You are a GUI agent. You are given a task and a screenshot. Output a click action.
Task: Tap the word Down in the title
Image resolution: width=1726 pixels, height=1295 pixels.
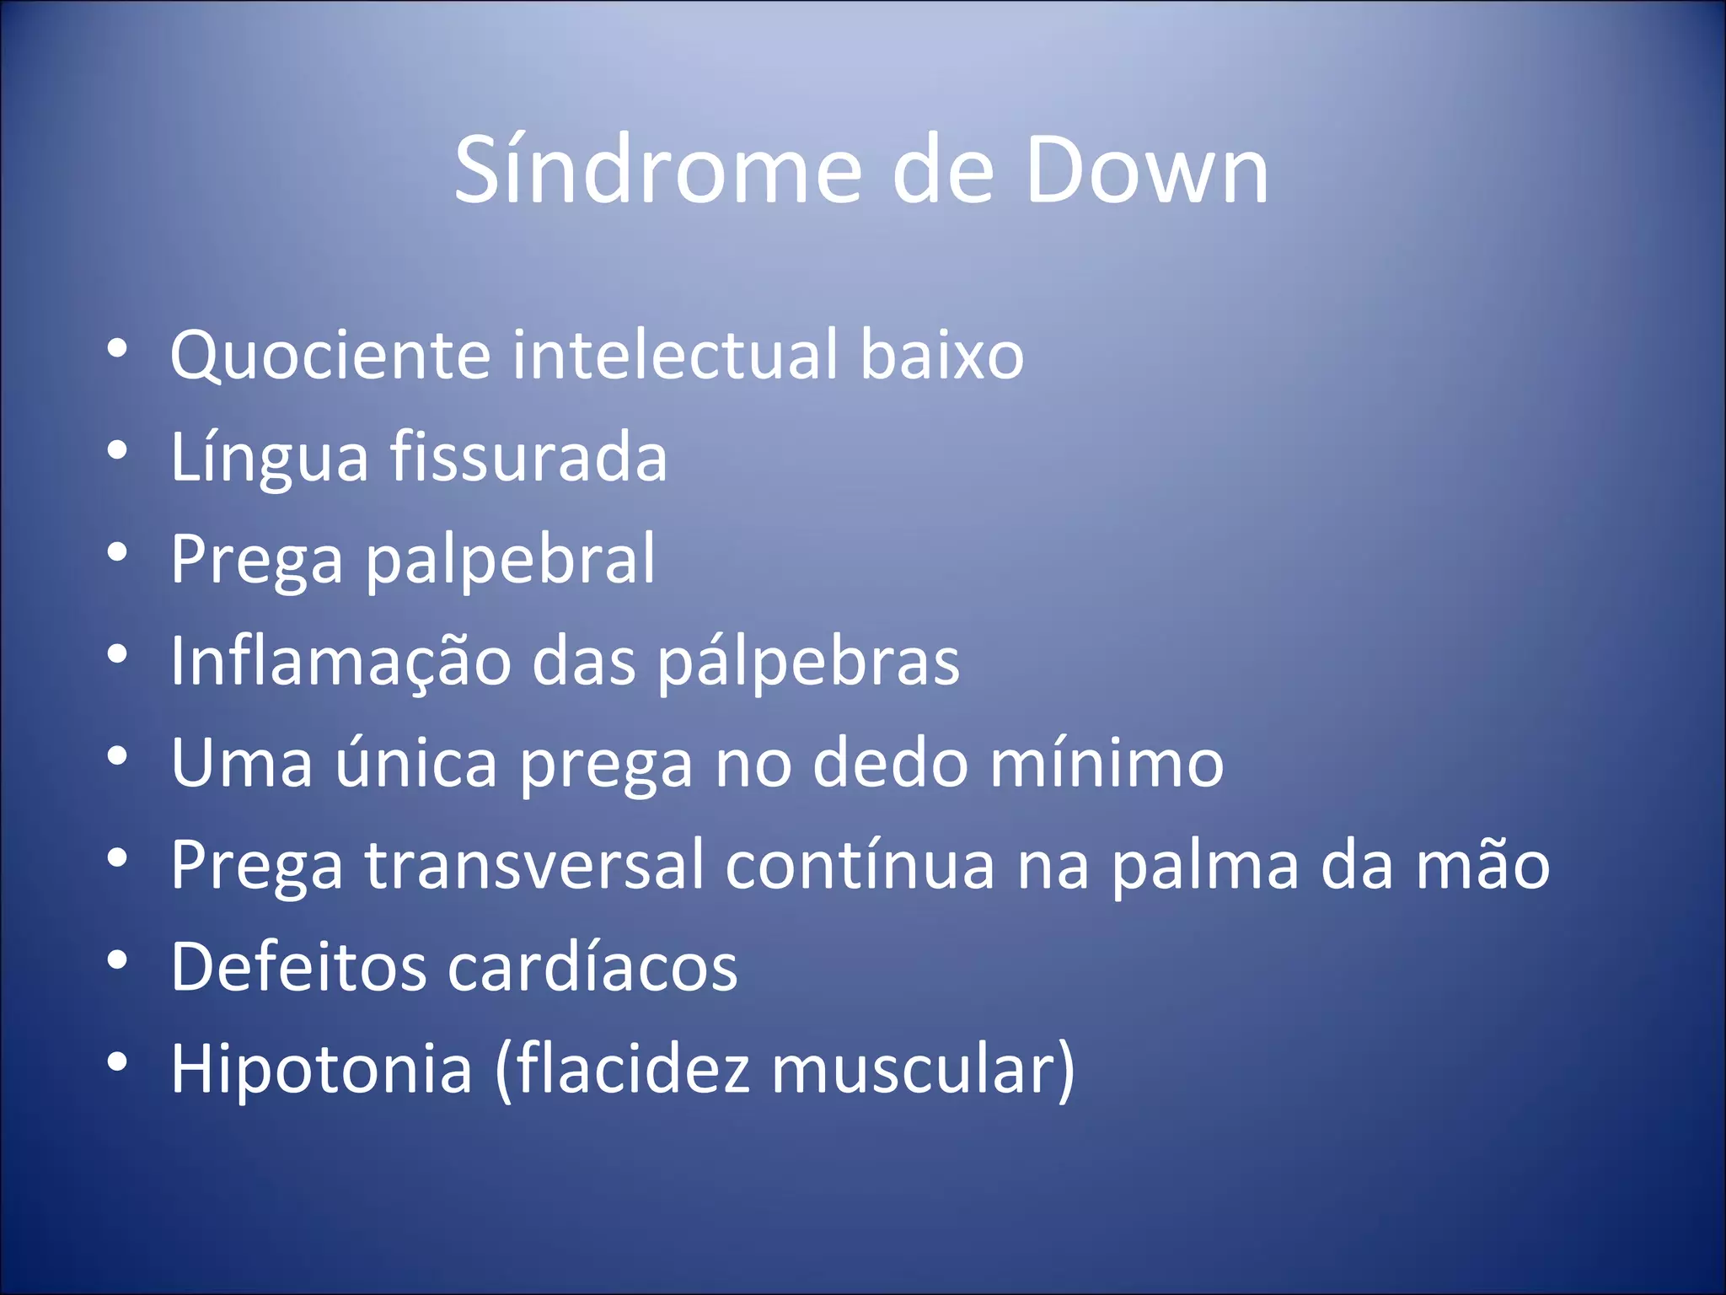[x=1147, y=170]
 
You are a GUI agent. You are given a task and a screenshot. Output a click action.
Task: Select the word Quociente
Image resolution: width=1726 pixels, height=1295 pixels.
[x=330, y=356]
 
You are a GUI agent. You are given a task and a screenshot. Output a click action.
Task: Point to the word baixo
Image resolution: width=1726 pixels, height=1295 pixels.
[x=941, y=354]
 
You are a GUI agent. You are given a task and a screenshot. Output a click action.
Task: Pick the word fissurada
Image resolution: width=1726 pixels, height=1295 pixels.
[x=528, y=457]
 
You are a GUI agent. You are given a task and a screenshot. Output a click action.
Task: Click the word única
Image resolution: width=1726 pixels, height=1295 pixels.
[x=416, y=763]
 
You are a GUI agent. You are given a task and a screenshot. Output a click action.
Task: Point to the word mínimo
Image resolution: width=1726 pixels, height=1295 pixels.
[x=1106, y=763]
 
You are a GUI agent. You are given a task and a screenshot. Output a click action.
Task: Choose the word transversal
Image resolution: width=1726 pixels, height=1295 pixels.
[x=533, y=865]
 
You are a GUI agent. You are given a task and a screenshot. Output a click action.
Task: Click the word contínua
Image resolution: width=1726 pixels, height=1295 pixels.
[x=860, y=865]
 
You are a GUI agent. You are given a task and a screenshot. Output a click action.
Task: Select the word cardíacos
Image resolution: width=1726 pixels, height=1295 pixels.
[x=592, y=967]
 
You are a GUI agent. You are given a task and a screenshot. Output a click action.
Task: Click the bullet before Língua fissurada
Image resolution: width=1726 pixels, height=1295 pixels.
[x=117, y=451]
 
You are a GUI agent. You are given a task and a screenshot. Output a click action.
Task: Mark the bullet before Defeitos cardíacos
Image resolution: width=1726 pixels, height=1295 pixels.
[x=117, y=961]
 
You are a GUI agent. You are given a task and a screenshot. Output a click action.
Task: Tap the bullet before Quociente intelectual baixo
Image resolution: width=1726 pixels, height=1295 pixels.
[x=117, y=349]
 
